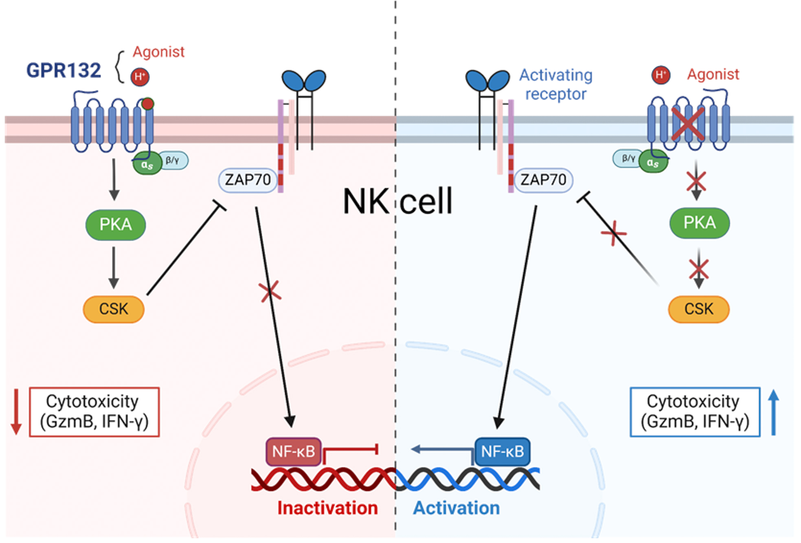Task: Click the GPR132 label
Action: (64, 70)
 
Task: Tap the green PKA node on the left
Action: (116, 225)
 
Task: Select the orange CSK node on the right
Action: (699, 309)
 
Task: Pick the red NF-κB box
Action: (293, 451)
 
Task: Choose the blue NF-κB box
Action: (503, 451)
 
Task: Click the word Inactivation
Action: (327, 508)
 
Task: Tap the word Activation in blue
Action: (456, 508)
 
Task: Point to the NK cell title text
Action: (397, 201)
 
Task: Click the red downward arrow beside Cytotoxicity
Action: (16, 411)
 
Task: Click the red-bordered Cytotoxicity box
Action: (94, 412)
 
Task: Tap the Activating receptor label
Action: (556, 84)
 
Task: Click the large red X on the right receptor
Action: (688, 123)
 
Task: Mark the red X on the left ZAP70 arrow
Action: (270, 292)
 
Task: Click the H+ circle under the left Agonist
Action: (140, 77)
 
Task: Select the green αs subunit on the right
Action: (653, 163)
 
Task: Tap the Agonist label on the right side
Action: (713, 75)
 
